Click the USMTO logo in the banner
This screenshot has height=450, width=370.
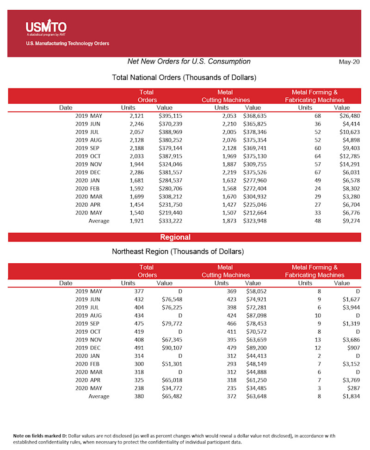46,28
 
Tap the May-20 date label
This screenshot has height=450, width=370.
349,62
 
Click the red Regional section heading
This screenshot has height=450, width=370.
175,237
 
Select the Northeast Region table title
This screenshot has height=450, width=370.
178,252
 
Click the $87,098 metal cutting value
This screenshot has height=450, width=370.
255,315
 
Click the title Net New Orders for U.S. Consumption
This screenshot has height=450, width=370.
189,62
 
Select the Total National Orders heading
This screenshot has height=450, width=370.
184,77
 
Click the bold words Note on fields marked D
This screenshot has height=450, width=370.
44,436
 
